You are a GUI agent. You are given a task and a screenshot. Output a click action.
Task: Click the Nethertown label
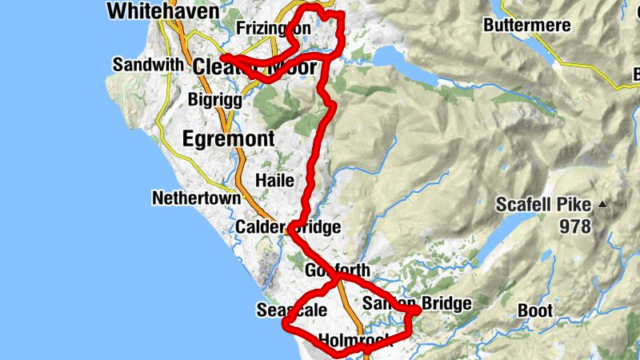coord(196,198)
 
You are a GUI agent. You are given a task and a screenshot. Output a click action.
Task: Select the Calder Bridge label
coord(287,228)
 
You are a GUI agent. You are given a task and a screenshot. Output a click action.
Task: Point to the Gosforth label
coord(338,270)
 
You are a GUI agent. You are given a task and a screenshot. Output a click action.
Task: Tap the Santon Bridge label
coord(416,304)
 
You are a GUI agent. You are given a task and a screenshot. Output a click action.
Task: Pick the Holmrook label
coord(353,341)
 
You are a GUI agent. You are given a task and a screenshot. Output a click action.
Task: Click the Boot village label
coord(535,310)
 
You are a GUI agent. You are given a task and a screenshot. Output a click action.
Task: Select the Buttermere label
coord(527,26)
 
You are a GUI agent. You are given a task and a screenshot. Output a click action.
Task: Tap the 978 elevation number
coord(575,227)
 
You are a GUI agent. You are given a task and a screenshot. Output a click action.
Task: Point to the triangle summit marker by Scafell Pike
coord(602,205)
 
